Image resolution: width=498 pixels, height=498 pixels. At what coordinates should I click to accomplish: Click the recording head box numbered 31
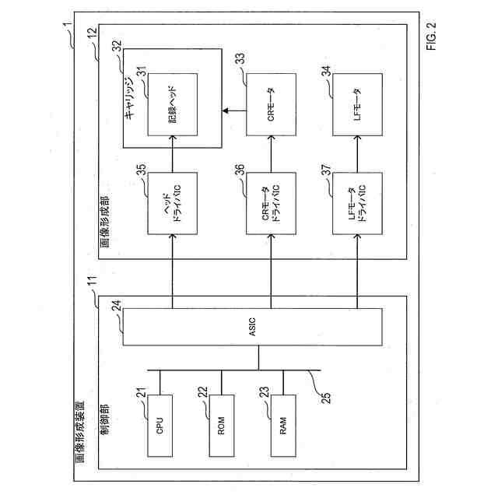point(172,105)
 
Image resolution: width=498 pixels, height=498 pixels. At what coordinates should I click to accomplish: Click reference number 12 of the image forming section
point(92,33)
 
